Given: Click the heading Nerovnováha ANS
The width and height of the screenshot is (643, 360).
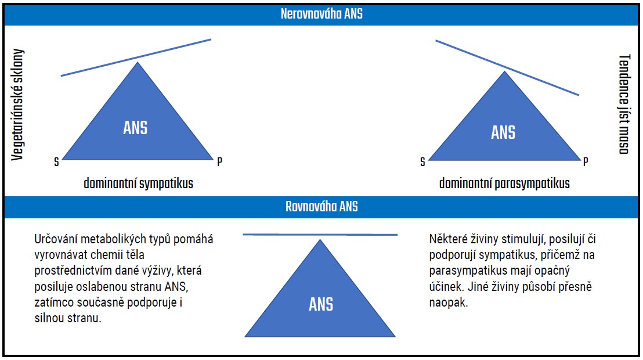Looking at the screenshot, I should [321, 14].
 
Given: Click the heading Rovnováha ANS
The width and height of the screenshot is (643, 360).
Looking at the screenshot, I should [321, 207].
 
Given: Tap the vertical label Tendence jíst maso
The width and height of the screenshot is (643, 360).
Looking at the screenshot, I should [624, 105].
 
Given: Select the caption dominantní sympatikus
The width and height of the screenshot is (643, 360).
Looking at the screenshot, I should [139, 183].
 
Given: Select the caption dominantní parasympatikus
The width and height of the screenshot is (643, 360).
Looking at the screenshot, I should [504, 183].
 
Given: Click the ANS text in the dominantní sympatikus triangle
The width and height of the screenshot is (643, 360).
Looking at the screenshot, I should [136, 128].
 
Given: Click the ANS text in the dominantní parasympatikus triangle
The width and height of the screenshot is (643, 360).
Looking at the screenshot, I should [503, 132].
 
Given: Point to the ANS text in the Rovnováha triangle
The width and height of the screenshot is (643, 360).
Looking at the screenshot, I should [321, 304].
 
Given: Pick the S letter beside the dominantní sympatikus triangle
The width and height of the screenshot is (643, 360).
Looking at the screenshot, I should [56, 162].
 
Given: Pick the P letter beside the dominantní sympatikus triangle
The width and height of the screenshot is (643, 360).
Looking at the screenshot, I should [219, 161].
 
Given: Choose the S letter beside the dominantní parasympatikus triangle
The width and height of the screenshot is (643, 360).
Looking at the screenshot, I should [423, 162].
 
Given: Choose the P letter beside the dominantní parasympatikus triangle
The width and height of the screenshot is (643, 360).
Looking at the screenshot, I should [586, 161].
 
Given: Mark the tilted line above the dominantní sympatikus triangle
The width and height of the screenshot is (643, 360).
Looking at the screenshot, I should [136, 57].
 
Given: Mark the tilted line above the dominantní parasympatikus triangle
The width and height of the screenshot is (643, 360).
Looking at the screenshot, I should [507, 67].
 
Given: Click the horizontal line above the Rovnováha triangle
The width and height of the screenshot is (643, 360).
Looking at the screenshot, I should [320, 235].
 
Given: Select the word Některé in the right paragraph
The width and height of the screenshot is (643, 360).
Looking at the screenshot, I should [448, 239].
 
